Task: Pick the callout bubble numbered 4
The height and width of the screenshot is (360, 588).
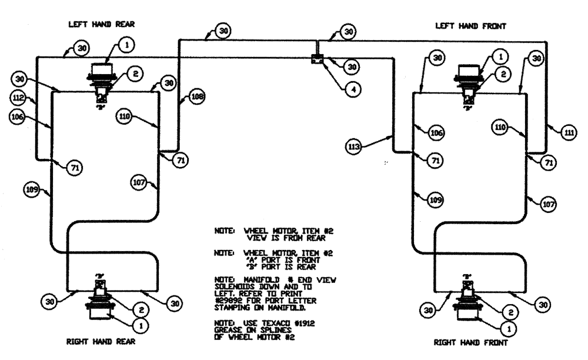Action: click(x=353, y=89)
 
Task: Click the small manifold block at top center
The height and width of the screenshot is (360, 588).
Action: click(x=318, y=59)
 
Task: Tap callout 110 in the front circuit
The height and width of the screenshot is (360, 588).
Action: click(x=501, y=127)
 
